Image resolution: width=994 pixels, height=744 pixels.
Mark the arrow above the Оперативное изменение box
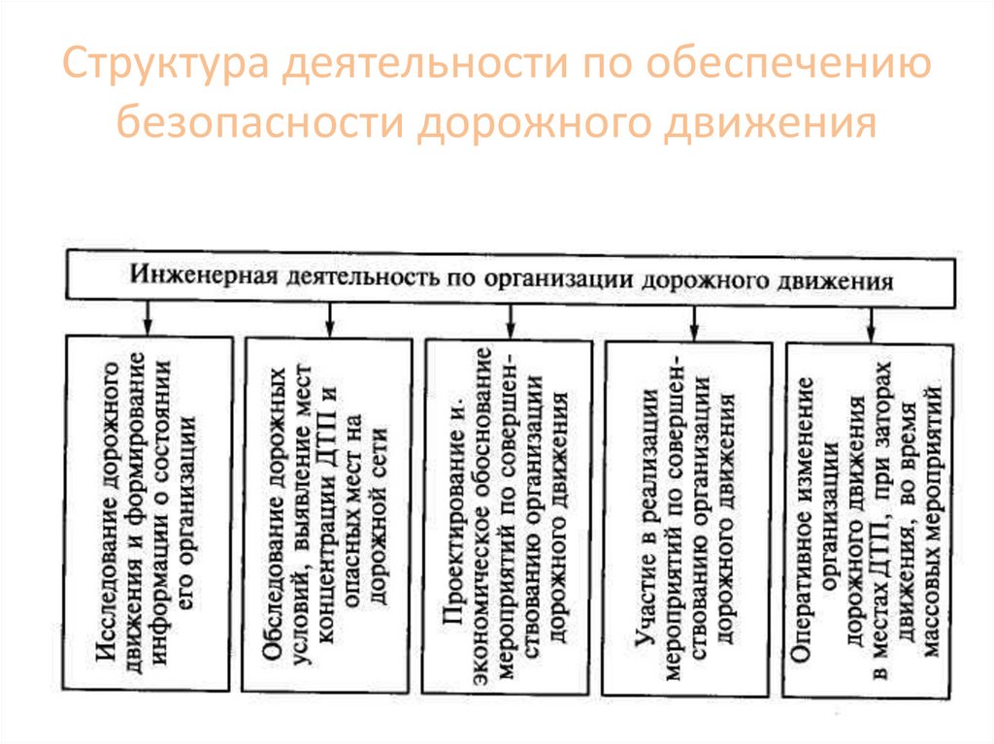(871, 318)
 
